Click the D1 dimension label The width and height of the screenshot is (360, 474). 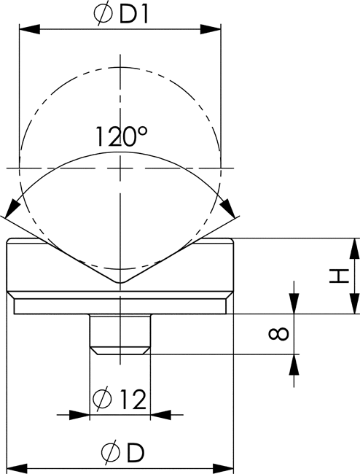click(134, 15)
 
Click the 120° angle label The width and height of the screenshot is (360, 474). click(122, 136)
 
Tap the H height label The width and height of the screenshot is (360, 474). click(339, 276)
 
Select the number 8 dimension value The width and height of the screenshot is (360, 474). click(279, 334)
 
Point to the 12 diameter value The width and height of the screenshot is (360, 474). click(133, 399)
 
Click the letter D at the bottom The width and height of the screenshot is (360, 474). click(136, 452)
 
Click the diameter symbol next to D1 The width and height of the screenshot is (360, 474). click(103, 15)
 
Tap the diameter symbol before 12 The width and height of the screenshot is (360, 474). click(102, 399)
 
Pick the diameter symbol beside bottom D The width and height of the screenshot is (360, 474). click(111, 452)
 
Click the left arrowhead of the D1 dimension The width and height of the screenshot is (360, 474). click(29, 30)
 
